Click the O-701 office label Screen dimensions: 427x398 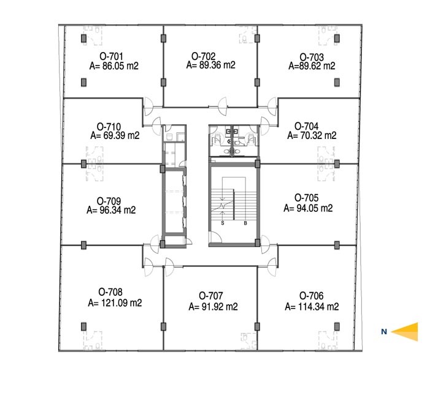click(x=112, y=56)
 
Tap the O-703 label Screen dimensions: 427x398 click(x=312, y=57)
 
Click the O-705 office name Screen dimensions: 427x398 click(x=306, y=198)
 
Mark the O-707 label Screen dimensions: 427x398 click(x=211, y=296)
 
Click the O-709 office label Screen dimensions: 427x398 click(x=109, y=201)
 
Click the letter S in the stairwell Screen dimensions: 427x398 click(x=223, y=223)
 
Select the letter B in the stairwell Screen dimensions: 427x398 click(x=245, y=223)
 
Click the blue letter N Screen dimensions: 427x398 click(x=384, y=332)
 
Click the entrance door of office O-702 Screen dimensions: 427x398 click(x=223, y=107)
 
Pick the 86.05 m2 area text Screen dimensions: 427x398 click(x=120, y=66)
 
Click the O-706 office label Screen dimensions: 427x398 click(x=311, y=296)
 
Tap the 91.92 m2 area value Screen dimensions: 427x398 click(x=220, y=307)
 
